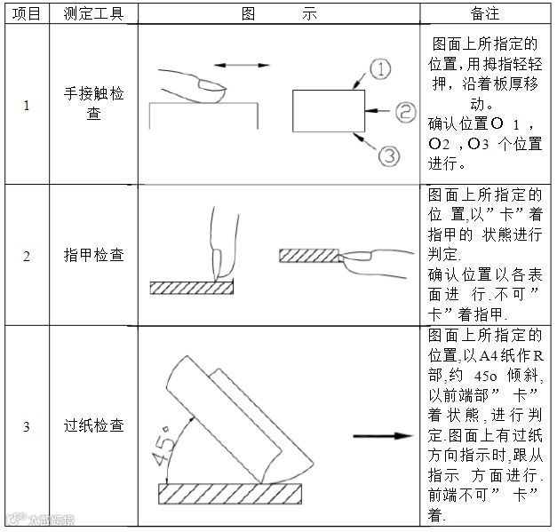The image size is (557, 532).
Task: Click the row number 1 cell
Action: tap(25, 106)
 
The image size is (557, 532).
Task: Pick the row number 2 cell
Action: tap(25, 256)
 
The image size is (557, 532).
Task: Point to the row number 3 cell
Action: tap(25, 426)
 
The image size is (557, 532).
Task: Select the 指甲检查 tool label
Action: tap(94, 256)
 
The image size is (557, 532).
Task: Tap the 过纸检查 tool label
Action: tap(94, 426)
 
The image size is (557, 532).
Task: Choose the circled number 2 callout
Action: tap(405, 111)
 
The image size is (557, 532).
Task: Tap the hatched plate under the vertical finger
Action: tap(190, 287)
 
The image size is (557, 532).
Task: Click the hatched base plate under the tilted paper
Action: tap(230, 491)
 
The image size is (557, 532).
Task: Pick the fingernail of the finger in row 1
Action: tap(210, 85)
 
